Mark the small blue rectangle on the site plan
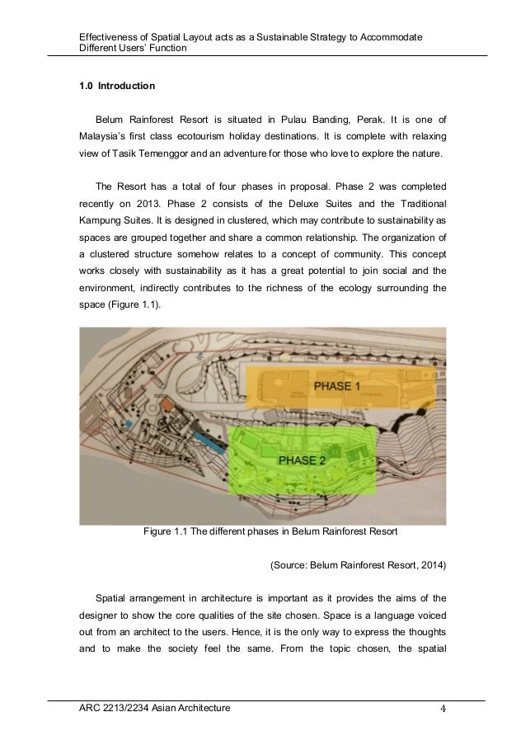point(207,440)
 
